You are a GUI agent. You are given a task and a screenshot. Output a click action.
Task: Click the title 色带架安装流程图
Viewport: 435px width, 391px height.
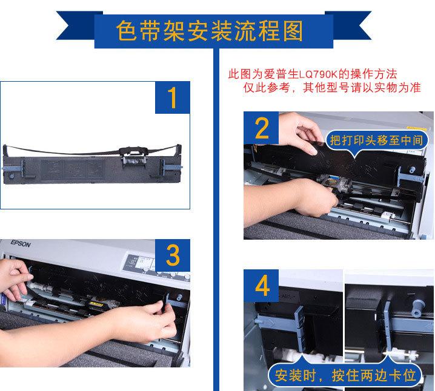click(x=210, y=31)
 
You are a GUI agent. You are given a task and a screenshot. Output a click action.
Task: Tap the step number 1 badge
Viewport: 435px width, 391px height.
click(x=173, y=97)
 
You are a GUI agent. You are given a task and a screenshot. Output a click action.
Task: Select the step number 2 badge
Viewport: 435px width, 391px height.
click(x=261, y=128)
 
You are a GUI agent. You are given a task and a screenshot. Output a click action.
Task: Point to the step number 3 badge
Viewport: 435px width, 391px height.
click(x=173, y=255)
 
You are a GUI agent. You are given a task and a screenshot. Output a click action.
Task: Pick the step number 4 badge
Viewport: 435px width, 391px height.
click(x=261, y=286)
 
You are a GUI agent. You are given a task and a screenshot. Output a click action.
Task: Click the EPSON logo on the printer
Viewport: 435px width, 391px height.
click(x=21, y=244)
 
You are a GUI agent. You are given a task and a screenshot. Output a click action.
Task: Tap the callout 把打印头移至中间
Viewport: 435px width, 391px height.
click(x=376, y=140)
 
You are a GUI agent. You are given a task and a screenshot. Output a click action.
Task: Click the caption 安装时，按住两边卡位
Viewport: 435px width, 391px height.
click(x=345, y=376)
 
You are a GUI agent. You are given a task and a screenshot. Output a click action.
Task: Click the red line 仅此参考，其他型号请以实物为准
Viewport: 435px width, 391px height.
click(x=332, y=88)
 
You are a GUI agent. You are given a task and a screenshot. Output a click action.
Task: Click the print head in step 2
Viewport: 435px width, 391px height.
click(x=333, y=183)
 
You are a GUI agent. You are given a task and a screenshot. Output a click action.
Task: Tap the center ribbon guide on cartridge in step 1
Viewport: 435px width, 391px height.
click(x=133, y=157)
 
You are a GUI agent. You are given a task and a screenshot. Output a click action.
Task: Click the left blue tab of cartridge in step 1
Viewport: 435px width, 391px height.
click(x=15, y=168)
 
